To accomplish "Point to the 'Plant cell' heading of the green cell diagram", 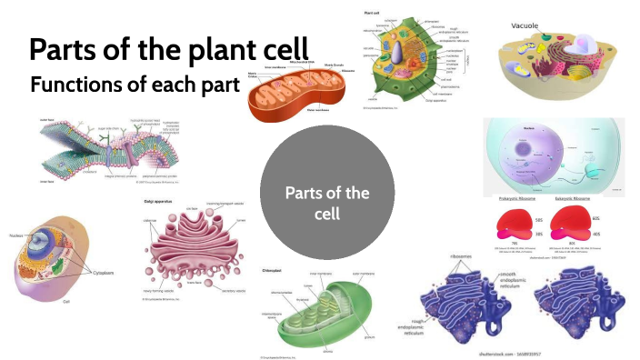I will tap(372, 14).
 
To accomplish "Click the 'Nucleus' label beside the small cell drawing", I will tap(19, 233).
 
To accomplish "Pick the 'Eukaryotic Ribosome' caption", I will tap(581, 197).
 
